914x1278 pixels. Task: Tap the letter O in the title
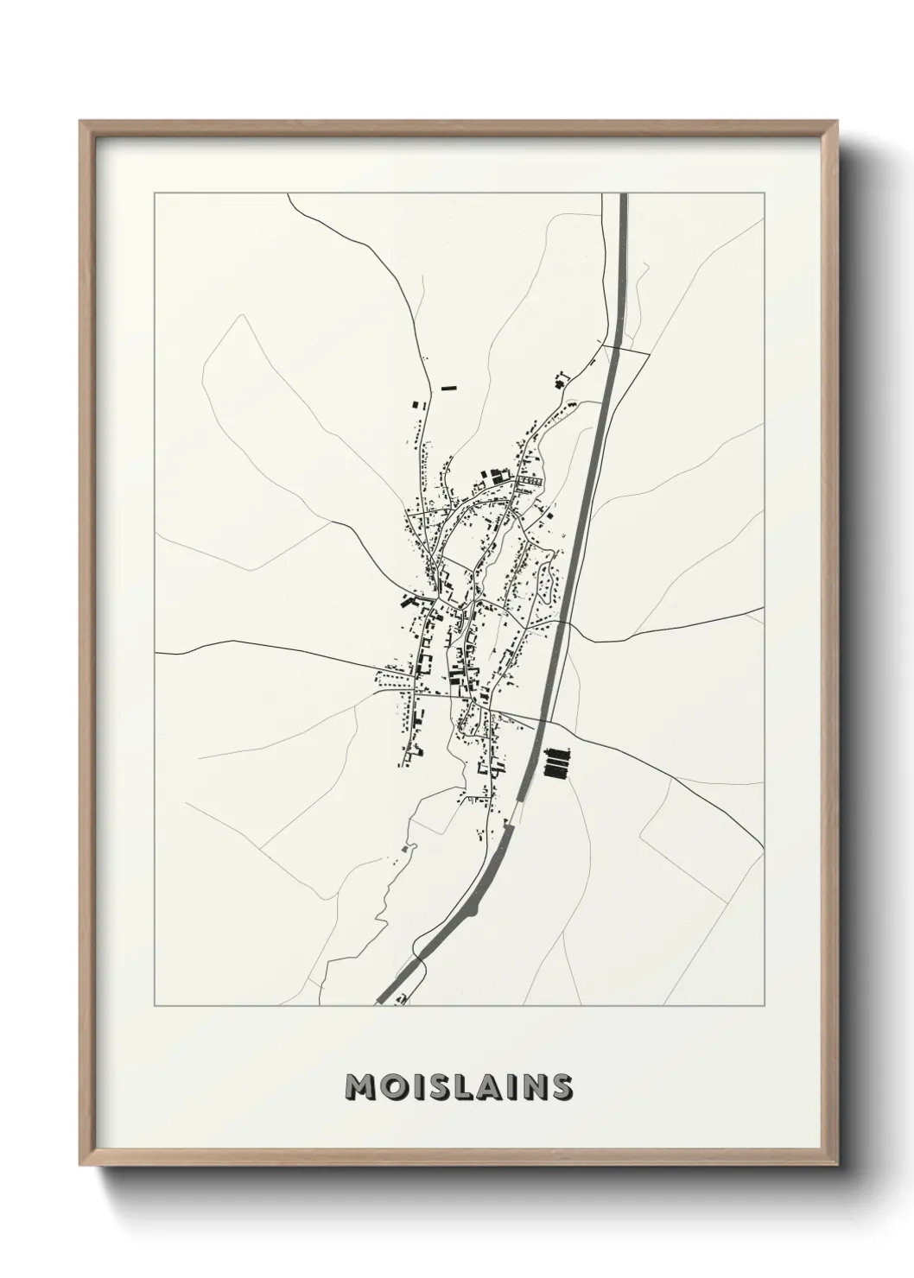pyautogui.click(x=390, y=1088)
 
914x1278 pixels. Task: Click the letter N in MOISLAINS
pyautogui.click(x=534, y=1088)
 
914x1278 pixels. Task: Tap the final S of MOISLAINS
pyautogui.click(x=562, y=1088)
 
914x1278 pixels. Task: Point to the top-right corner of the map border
pyautogui.click(x=764, y=193)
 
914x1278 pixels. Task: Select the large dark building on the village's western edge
pyautogui.click(x=407, y=602)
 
